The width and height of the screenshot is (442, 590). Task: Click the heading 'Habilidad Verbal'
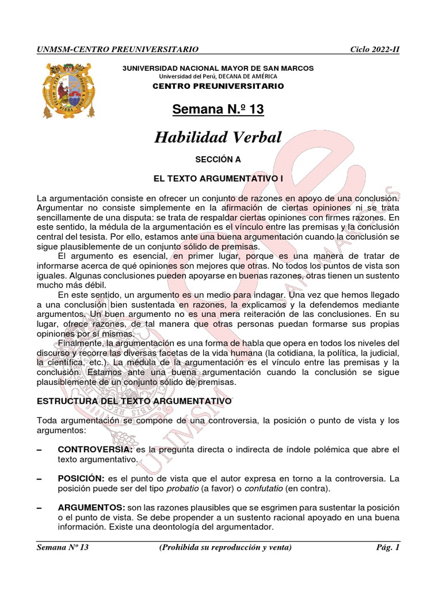pyautogui.click(x=218, y=137)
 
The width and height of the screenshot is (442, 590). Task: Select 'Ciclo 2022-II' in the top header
pyautogui.click(x=375, y=50)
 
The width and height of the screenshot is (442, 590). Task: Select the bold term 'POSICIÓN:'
pyautogui.click(x=80, y=479)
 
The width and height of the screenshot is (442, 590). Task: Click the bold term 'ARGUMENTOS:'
pyautogui.click(x=89, y=507)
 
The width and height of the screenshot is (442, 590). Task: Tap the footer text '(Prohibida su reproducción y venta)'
pyautogui.click(x=226, y=547)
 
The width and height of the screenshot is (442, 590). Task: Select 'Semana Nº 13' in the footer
pyautogui.click(x=62, y=547)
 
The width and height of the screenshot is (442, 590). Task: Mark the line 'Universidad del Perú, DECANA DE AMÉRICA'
pyautogui.click(x=218, y=77)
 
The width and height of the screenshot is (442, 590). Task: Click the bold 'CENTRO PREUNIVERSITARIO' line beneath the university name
pyautogui.click(x=218, y=86)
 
